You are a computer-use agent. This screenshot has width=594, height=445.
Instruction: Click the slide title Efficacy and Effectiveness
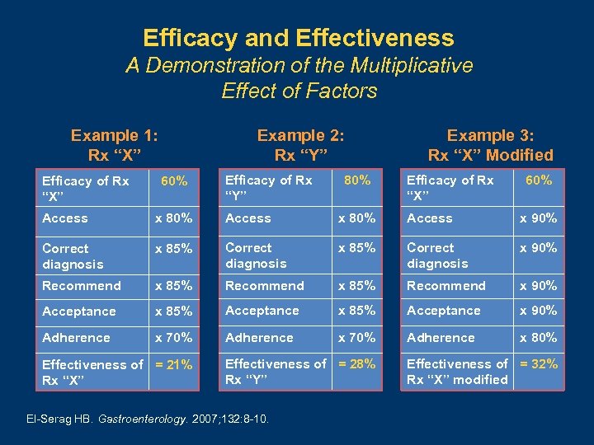298,38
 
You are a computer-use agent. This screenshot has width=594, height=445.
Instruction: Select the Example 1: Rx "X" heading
115,145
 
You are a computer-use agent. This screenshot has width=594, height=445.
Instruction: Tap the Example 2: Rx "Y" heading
300,145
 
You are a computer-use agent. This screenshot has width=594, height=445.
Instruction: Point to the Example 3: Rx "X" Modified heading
490,145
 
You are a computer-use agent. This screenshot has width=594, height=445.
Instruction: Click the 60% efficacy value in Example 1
174,180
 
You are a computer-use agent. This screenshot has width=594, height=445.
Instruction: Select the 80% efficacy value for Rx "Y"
357,180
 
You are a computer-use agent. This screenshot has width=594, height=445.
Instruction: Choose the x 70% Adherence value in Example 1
174,337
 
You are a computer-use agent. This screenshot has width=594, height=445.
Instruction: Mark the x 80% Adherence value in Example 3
538,337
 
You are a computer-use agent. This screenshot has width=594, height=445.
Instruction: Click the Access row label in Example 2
247,218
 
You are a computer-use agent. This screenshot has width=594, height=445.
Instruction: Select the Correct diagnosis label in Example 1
73,256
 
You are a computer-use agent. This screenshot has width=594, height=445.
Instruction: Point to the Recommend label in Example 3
446,285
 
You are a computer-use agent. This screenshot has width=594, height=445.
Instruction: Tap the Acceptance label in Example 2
262,311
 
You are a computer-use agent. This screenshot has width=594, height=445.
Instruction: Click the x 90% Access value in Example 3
538,218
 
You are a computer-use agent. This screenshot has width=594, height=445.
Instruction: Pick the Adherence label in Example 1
76,337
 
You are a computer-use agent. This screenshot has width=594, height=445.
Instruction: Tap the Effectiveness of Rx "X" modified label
458,372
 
